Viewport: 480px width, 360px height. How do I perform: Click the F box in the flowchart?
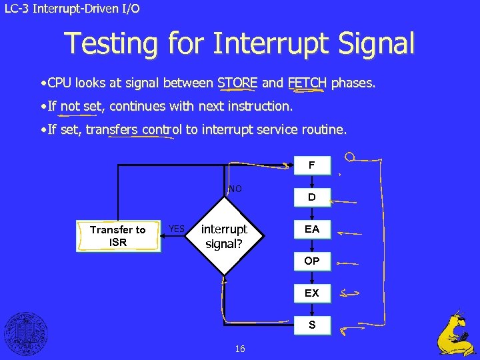[x=311, y=165]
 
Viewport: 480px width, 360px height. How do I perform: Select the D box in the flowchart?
[x=311, y=197]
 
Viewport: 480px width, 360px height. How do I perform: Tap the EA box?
[x=311, y=229]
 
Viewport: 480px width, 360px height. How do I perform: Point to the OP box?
[x=311, y=261]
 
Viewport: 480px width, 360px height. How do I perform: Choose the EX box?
[x=311, y=293]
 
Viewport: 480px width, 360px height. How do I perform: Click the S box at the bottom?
[x=311, y=325]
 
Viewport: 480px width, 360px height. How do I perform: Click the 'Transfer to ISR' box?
[x=118, y=236]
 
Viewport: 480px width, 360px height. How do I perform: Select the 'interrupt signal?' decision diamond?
[x=225, y=236]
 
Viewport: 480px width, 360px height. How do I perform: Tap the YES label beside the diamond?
[x=177, y=229]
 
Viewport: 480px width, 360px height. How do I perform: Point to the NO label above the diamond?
[x=235, y=189]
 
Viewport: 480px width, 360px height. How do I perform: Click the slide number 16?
[x=240, y=349]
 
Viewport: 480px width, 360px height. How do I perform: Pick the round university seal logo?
[x=26, y=333]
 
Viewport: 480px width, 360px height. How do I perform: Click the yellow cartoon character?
[x=456, y=333]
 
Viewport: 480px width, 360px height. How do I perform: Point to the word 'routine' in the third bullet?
[x=323, y=130]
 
